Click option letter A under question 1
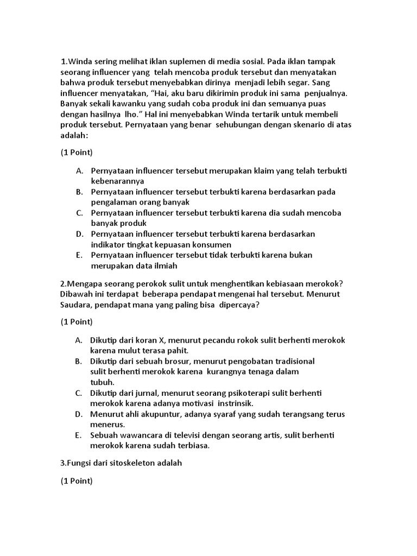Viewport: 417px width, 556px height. tap(79, 171)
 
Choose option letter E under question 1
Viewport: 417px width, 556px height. tap(79, 255)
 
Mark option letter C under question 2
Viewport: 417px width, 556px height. tap(79, 393)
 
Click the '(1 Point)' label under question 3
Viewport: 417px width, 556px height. tap(77, 481)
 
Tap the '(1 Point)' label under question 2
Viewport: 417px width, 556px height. tap(77, 322)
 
